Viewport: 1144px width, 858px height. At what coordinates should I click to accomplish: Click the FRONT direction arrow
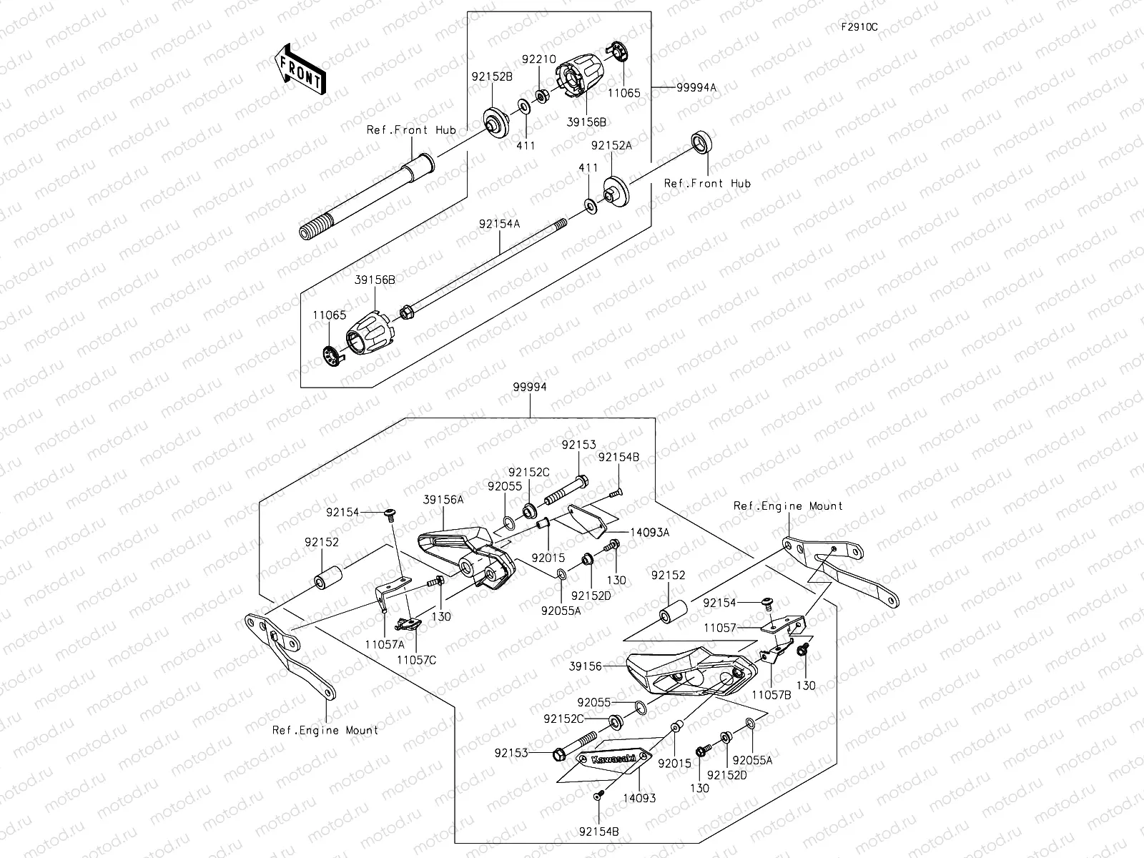pos(299,69)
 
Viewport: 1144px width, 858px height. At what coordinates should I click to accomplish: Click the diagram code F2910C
pos(859,27)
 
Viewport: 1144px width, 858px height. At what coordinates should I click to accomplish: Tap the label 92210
pos(538,61)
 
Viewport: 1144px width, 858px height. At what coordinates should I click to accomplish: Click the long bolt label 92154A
pos(499,224)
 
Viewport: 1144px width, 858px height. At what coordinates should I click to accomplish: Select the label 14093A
pos(649,532)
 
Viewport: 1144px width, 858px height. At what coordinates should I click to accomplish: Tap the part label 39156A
pos(443,500)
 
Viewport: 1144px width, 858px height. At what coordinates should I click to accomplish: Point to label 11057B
pos(772,693)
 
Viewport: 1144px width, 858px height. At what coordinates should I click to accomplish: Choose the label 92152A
pos(611,145)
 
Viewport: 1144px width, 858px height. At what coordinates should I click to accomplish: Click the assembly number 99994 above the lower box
pos(529,387)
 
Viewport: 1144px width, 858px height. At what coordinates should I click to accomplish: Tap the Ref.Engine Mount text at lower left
pos(325,730)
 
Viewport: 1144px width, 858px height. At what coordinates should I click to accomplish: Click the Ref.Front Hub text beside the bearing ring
pos(707,184)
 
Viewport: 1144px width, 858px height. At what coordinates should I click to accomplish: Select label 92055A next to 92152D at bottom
pos(753,761)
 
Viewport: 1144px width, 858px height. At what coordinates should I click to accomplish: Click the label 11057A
pos(384,643)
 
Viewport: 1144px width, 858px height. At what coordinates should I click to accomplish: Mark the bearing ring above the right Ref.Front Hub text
pos(701,142)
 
